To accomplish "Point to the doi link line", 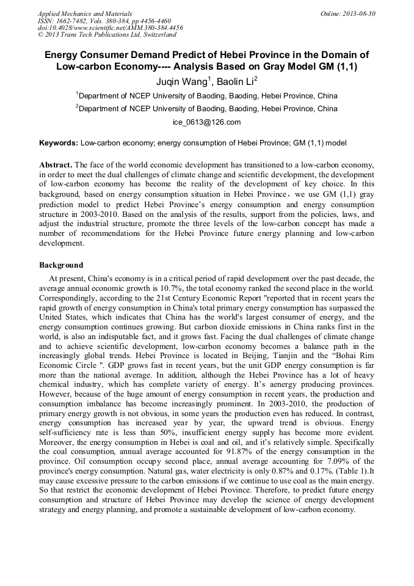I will pos(110,27).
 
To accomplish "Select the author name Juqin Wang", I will pos(174,81).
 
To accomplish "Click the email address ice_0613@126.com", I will pos(206,122).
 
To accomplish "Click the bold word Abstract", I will pos(55,165).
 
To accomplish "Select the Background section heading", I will pos(61,265).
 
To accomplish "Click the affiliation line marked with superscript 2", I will pos(208,109).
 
